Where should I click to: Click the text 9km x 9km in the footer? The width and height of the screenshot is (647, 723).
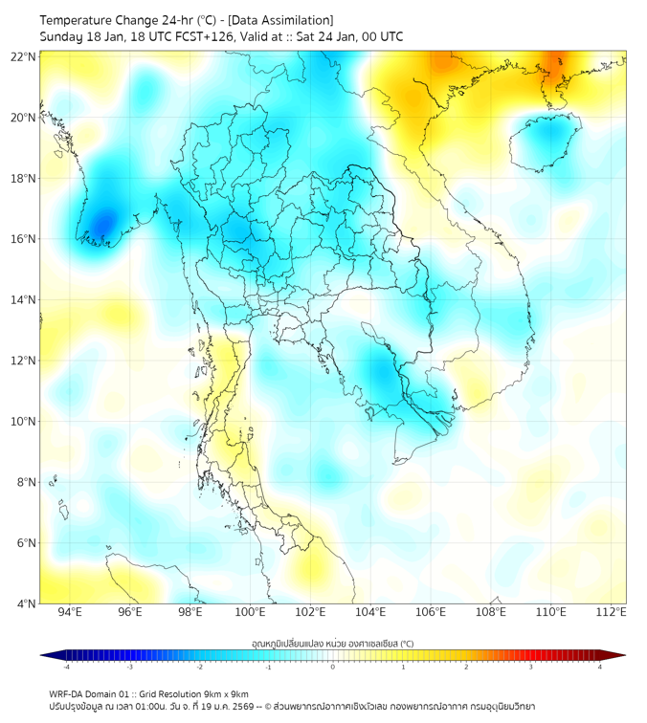224,693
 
